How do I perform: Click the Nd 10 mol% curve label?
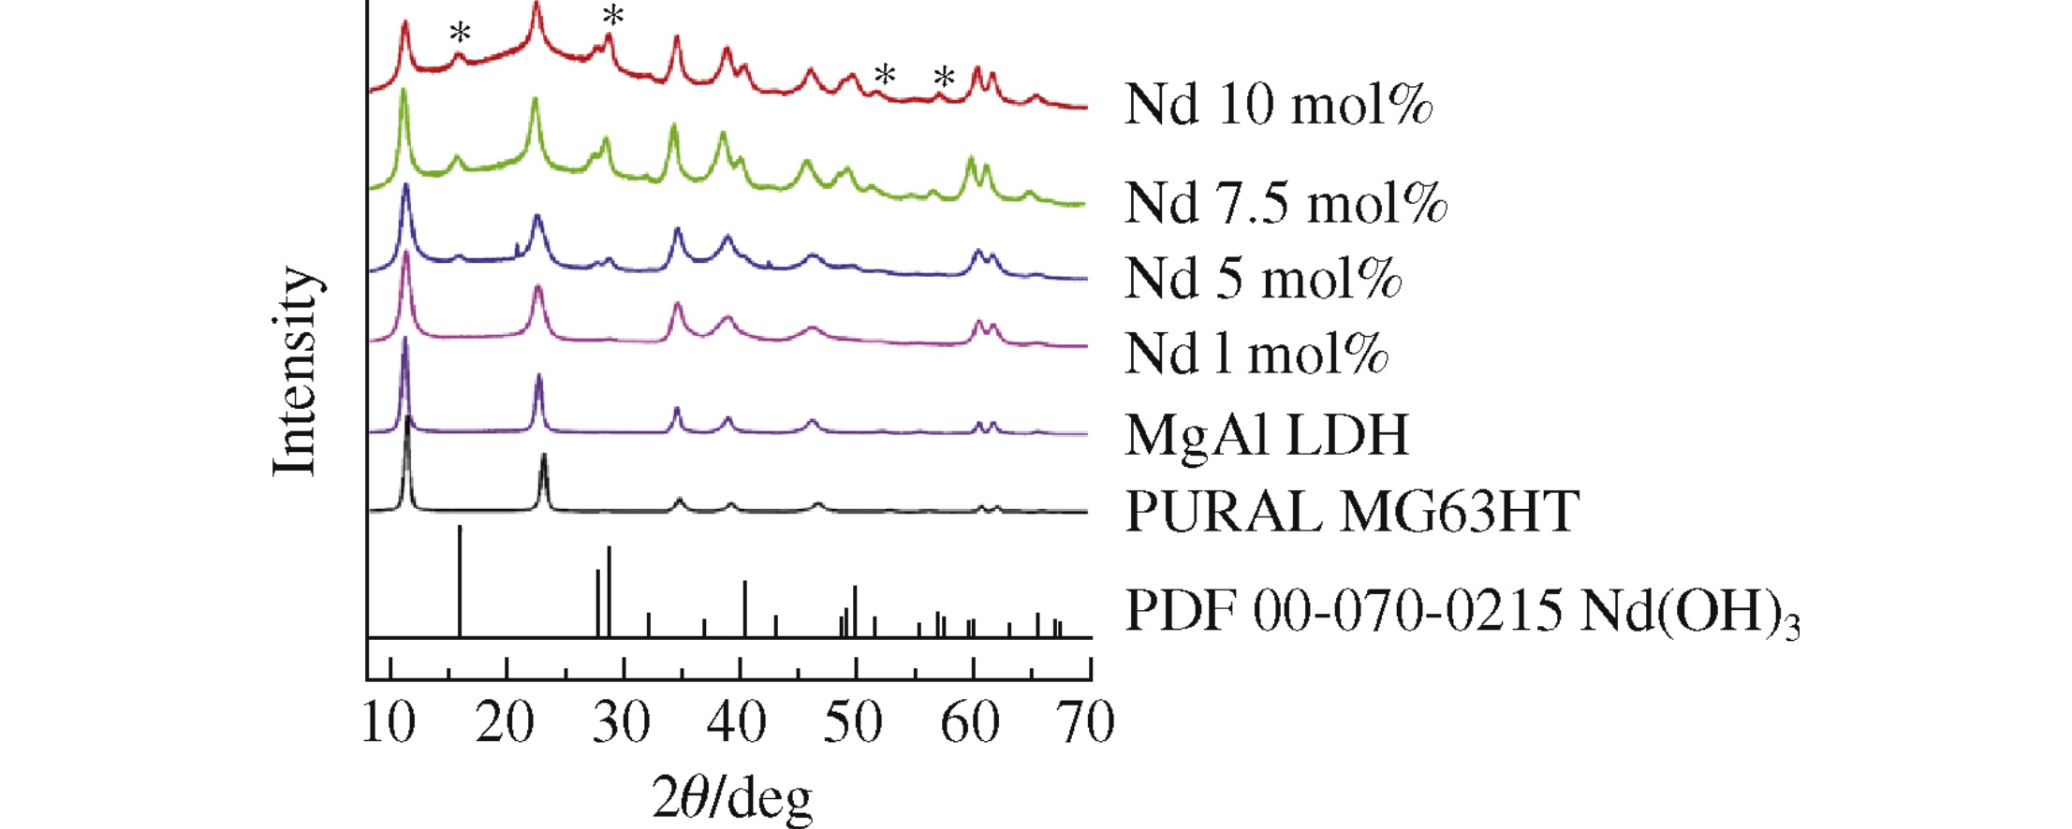pyautogui.click(x=1278, y=104)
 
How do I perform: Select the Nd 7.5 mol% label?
pyautogui.click(x=1286, y=202)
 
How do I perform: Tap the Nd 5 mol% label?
pyautogui.click(x=1262, y=279)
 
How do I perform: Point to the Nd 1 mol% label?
pyautogui.click(x=1256, y=354)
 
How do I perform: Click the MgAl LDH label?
pyautogui.click(x=1266, y=434)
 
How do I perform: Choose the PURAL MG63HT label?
pyautogui.click(x=1351, y=512)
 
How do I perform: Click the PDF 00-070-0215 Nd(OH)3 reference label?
pyautogui.click(x=1462, y=612)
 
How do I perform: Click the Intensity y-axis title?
pyautogui.click(x=296, y=371)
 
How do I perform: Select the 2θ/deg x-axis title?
pyautogui.click(x=731, y=798)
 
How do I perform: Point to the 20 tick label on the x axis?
pyautogui.click(x=505, y=723)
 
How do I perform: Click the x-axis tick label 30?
pyautogui.click(x=621, y=723)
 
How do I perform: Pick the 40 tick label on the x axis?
pyautogui.click(x=737, y=723)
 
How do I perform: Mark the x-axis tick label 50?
pyautogui.click(x=853, y=723)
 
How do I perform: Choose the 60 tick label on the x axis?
pyautogui.click(x=969, y=723)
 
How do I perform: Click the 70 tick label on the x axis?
pyautogui.click(x=1086, y=723)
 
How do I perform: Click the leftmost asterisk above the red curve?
pyautogui.click(x=460, y=34)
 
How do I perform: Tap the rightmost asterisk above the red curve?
pyautogui.click(x=944, y=78)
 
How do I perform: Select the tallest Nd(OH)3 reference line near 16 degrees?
pyautogui.click(x=460, y=580)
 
